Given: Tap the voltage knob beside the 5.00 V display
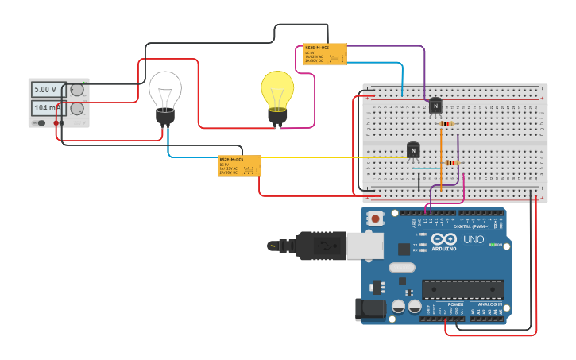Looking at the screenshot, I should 77,90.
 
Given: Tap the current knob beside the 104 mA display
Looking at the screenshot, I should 77,109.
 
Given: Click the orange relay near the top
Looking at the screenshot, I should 325,54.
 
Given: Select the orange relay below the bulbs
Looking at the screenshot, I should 239,165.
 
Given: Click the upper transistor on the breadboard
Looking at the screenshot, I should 435,106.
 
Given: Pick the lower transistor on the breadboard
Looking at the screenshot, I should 413,149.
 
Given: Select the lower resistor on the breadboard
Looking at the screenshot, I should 451,163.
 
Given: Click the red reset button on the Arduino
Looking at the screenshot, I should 375,218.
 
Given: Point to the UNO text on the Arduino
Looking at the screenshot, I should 474,239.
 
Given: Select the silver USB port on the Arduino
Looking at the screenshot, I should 365,246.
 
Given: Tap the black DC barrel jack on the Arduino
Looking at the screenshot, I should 372,310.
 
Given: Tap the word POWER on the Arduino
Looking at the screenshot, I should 455,304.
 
